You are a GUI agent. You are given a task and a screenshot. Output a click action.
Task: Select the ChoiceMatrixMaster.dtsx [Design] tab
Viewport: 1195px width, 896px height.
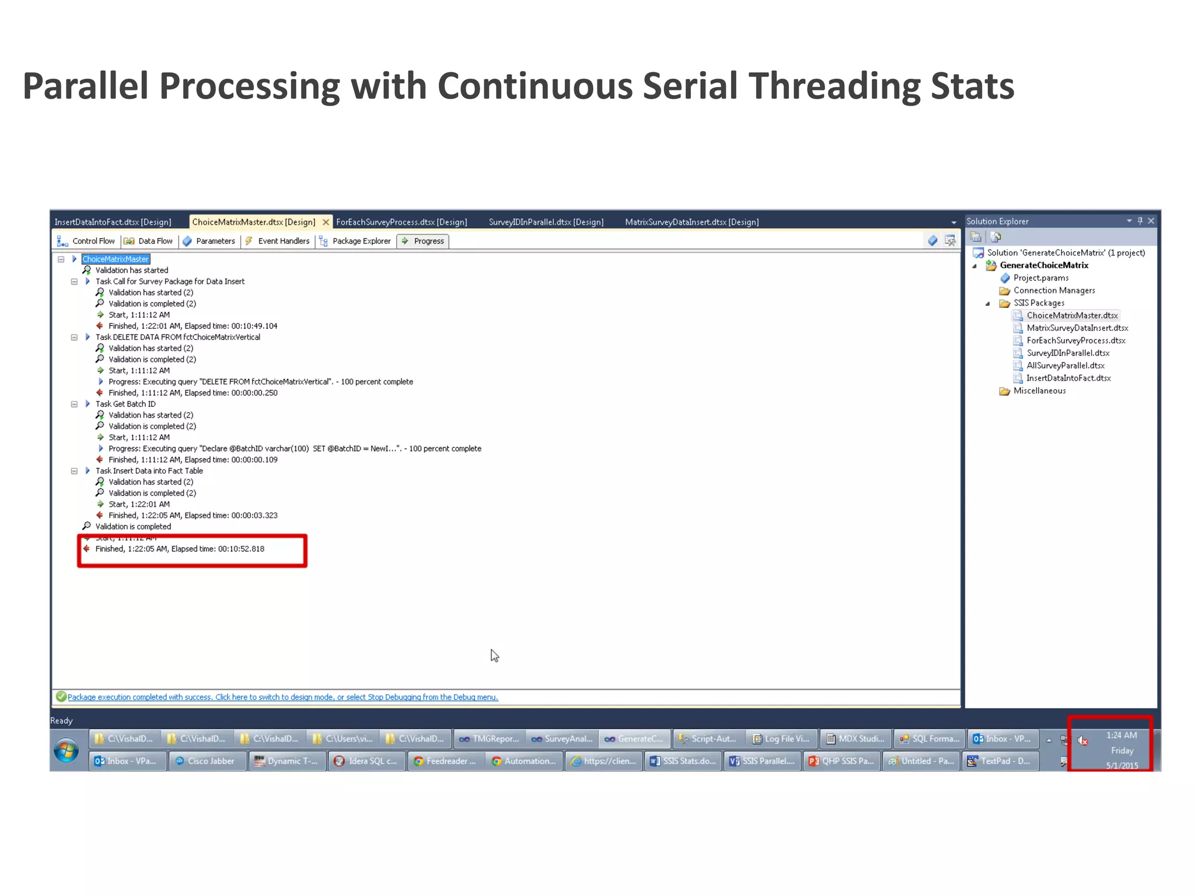[x=254, y=222]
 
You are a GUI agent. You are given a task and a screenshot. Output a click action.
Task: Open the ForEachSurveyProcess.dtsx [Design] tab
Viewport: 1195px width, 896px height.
[x=401, y=222]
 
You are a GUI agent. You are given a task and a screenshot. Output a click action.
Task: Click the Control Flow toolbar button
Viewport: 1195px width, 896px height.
[x=87, y=241]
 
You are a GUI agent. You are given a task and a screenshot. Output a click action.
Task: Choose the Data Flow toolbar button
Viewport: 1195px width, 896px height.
[x=149, y=241]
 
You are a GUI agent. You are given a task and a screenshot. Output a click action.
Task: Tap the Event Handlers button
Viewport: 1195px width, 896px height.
[x=278, y=241]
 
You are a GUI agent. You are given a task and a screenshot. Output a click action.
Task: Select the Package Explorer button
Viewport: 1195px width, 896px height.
[x=355, y=241]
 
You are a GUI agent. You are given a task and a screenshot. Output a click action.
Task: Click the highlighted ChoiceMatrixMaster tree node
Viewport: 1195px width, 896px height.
[x=116, y=259]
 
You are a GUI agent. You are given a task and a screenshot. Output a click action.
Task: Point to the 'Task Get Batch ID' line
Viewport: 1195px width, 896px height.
[x=125, y=404]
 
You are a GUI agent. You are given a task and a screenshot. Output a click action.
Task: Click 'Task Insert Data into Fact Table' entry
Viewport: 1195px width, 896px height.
[x=149, y=471]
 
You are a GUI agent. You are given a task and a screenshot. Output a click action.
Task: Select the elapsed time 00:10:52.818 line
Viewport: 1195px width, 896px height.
[x=180, y=549]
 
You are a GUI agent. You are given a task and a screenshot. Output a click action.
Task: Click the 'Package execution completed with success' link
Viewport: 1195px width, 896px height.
[x=282, y=697]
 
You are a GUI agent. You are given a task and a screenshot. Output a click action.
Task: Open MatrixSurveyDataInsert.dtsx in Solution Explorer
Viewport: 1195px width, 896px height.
[x=1077, y=328]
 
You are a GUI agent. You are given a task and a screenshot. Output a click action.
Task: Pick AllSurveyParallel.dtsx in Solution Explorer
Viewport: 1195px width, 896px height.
[x=1065, y=366]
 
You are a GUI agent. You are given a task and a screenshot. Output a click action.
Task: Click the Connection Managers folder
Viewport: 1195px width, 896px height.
[x=1054, y=290]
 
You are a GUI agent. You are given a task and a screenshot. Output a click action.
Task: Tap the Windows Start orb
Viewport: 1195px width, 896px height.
[x=67, y=750]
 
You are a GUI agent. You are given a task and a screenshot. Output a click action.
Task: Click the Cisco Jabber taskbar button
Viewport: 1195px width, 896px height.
[x=207, y=761]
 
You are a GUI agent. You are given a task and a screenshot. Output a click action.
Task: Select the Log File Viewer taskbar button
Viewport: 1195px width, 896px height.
[x=781, y=739]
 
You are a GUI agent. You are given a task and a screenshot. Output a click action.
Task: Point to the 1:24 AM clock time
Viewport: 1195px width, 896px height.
[x=1121, y=736]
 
